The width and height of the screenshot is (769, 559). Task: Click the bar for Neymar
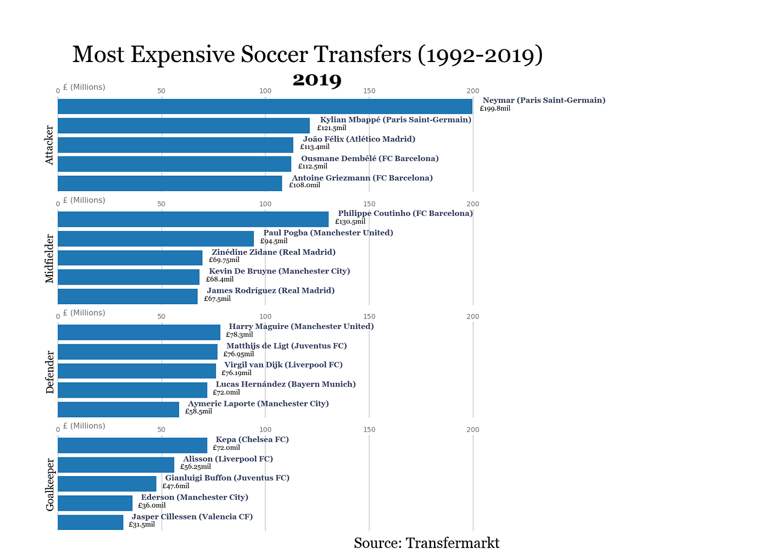pyautogui.click(x=265, y=107)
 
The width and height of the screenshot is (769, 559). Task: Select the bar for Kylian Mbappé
pyautogui.click(x=183, y=126)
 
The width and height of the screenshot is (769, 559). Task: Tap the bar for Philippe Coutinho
pyautogui.click(x=193, y=219)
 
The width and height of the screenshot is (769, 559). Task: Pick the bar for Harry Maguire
pyautogui.click(x=139, y=332)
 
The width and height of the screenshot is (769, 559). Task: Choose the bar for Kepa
pyautogui.click(x=132, y=445)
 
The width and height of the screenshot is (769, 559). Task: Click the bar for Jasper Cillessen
pyautogui.click(x=91, y=522)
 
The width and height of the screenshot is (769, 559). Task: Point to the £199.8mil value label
pyautogui.click(x=495, y=109)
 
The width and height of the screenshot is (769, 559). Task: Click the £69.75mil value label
pyautogui.click(x=224, y=260)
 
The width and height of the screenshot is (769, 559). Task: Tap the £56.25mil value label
pyautogui.click(x=196, y=467)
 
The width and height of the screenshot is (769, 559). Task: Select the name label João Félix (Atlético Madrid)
pyautogui.click(x=359, y=139)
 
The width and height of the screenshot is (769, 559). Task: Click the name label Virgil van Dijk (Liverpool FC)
pyautogui.click(x=283, y=365)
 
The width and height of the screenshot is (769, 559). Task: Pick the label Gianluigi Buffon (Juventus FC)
pyautogui.click(x=227, y=478)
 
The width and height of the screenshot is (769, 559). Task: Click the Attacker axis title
pyautogui.click(x=50, y=145)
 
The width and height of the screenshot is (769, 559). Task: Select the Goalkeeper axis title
pyautogui.click(x=50, y=484)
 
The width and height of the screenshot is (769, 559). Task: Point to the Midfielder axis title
pyautogui.click(x=50, y=258)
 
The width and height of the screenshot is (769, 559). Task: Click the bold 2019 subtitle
pyautogui.click(x=317, y=80)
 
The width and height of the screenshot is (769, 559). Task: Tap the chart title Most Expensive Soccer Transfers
pyautogui.click(x=308, y=54)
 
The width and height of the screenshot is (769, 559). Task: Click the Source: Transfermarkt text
pyautogui.click(x=427, y=543)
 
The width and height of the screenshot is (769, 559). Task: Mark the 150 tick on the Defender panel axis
pyautogui.click(x=369, y=317)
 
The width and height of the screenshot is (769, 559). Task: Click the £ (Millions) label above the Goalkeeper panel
pyautogui.click(x=84, y=426)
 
